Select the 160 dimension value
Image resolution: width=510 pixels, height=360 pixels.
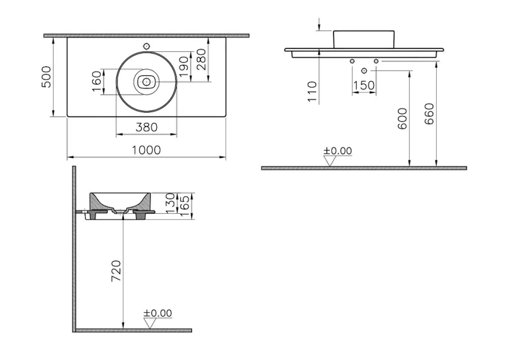(97, 82)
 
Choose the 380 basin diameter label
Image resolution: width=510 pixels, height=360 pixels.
(146, 127)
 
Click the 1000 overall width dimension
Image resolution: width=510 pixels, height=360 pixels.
(146, 150)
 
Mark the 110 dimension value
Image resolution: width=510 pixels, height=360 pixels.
(312, 92)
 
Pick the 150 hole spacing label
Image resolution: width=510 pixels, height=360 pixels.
(364, 86)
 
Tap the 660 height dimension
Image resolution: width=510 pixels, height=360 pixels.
(429, 114)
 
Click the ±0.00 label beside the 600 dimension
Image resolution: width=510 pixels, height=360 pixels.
(338, 150)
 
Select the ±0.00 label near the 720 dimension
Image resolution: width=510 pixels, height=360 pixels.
(157, 313)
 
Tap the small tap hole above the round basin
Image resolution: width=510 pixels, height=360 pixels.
(146, 46)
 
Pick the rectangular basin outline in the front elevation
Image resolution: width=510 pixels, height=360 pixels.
(364, 38)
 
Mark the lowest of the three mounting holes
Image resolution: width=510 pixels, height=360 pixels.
(364, 71)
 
